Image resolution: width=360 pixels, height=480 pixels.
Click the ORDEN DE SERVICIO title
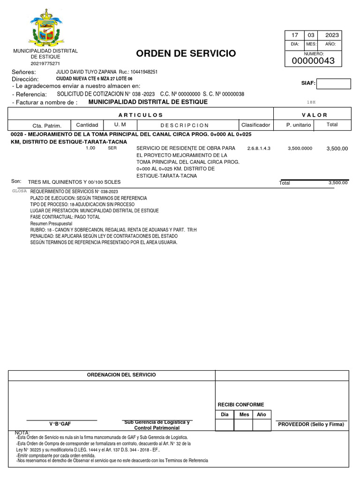[x=186, y=53]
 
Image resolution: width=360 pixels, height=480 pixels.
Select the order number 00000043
[x=313, y=61]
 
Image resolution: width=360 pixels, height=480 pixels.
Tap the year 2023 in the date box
[x=332, y=36]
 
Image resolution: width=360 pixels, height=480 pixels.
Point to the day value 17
[x=295, y=36]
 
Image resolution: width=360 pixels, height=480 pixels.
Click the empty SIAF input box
[x=334, y=84]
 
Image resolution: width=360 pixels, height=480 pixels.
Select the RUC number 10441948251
[x=144, y=72]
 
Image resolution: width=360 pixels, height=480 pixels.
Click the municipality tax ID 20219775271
[x=45, y=63]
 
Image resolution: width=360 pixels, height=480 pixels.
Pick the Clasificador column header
[x=255, y=125]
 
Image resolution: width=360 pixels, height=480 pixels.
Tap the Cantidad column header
[x=87, y=125]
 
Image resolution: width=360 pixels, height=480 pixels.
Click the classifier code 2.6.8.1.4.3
[x=259, y=148]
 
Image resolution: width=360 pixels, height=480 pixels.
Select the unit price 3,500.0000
[x=300, y=148]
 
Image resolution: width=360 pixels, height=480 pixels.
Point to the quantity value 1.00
[x=90, y=148]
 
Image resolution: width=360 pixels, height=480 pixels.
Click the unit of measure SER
[x=112, y=148]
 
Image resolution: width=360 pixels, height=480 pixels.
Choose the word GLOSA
[x=19, y=191]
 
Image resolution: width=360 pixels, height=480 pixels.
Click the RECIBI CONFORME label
[x=241, y=405]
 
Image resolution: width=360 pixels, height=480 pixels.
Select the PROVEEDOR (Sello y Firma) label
[x=311, y=424]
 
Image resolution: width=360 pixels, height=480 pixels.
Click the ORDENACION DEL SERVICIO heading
[x=122, y=375]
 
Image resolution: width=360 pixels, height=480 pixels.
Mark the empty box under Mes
[x=244, y=425]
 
